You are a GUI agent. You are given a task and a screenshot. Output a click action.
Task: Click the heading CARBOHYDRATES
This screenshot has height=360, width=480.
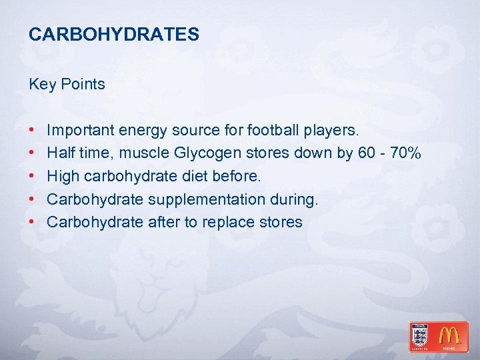(114, 35)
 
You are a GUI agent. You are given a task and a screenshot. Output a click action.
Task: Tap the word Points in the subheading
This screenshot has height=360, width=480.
(83, 84)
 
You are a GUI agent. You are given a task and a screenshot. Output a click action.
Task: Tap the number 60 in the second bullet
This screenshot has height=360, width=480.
(366, 153)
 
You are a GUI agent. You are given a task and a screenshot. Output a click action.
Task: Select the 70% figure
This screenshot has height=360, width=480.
(405, 153)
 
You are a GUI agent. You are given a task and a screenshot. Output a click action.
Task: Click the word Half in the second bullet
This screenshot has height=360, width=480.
(61, 153)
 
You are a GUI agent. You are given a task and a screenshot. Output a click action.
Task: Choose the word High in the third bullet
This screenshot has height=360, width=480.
(63, 177)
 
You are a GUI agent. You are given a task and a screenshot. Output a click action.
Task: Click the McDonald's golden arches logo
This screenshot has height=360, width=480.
(452, 336)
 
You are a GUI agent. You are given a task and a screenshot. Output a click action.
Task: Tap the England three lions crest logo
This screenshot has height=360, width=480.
(421, 335)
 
